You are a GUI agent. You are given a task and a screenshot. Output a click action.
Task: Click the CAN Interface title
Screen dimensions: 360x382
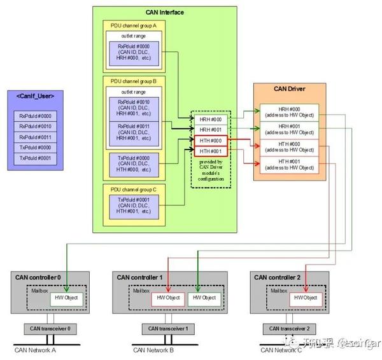pos(165,12)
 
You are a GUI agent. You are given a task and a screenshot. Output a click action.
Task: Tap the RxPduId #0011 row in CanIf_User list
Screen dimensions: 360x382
pos(35,137)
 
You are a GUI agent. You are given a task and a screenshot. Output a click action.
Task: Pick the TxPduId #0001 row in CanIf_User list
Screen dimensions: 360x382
pos(35,157)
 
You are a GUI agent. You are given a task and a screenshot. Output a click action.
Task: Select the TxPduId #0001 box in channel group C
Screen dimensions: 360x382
pos(134,205)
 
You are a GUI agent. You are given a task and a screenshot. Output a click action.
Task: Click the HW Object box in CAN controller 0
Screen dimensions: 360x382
pos(67,298)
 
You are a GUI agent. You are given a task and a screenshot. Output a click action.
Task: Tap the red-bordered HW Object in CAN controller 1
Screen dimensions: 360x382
pos(168,298)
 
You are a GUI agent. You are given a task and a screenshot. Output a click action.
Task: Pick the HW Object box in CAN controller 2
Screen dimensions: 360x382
pos(305,298)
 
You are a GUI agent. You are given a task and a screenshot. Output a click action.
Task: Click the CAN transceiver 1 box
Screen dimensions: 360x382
pos(169,328)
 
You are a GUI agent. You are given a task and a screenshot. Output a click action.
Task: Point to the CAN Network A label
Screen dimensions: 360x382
pos(36,350)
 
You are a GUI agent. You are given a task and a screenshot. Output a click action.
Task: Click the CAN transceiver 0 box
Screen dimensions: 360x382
pos(50,328)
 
